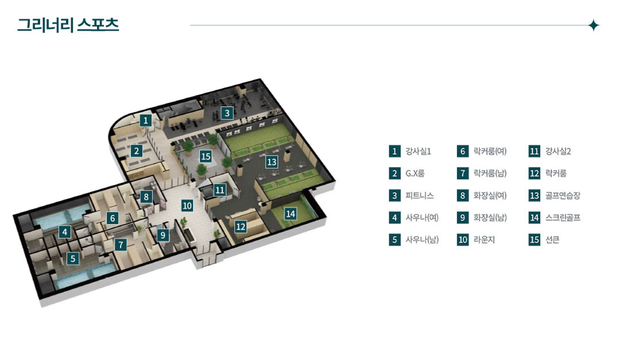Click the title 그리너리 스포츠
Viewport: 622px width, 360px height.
pos(68,25)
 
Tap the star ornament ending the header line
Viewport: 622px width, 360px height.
pos(594,25)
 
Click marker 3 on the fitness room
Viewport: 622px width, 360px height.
pos(227,113)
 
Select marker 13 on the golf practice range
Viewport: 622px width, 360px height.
pos(271,162)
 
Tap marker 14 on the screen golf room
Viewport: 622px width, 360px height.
pos(290,214)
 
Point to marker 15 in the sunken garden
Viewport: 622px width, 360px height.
pos(205,156)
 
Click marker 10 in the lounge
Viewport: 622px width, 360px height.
pos(187,206)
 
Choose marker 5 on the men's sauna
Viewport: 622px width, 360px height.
pos(72,258)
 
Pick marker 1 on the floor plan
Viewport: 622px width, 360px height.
pos(147,120)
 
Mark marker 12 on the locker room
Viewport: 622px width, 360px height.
pos(241,227)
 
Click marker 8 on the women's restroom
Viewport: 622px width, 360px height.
pos(146,196)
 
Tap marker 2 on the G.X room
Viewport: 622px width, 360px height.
pos(136,151)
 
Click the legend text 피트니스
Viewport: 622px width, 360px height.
pos(419,195)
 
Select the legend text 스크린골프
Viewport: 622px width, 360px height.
pos(563,218)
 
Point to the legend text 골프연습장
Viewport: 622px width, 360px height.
pos(563,195)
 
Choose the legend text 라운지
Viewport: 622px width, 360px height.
pos(484,240)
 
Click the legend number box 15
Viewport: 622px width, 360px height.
pos(535,240)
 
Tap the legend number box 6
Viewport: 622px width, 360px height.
pos(463,151)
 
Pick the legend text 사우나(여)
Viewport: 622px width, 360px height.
pos(422,218)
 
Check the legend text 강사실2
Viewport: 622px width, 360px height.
pos(558,151)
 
